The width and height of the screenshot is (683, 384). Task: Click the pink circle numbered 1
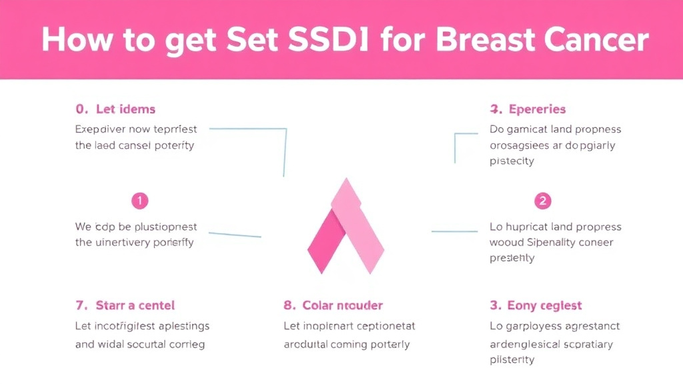pyautogui.click(x=140, y=200)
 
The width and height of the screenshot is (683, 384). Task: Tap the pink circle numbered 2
pyautogui.click(x=543, y=200)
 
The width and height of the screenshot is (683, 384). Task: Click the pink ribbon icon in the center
pyautogui.click(x=346, y=227)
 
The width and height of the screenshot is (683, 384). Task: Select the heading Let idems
pyautogui.click(x=125, y=109)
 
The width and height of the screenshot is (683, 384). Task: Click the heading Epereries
pyautogui.click(x=537, y=109)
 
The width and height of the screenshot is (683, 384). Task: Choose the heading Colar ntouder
pyautogui.click(x=342, y=305)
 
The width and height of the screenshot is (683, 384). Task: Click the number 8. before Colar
pyautogui.click(x=289, y=305)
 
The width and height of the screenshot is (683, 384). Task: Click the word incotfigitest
pyautogui.click(x=132, y=326)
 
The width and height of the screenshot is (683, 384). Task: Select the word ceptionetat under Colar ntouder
pyautogui.click(x=380, y=326)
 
